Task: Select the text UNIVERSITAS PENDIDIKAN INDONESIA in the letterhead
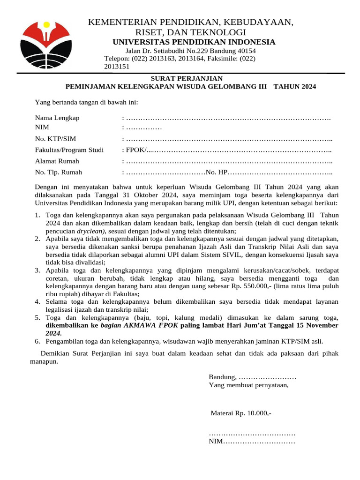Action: tap(194, 42)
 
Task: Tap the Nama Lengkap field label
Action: tap(57, 118)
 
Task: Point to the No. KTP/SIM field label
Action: tap(55, 139)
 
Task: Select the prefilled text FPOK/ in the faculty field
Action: tap(135, 150)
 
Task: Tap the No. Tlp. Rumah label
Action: tap(59, 172)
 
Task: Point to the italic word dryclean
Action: tap(91, 231)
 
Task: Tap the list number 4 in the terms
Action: tap(37, 301)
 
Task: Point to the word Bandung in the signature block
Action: tap(222, 377)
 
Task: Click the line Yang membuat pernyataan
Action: tap(248, 385)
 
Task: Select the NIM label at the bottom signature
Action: tap(216, 442)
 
